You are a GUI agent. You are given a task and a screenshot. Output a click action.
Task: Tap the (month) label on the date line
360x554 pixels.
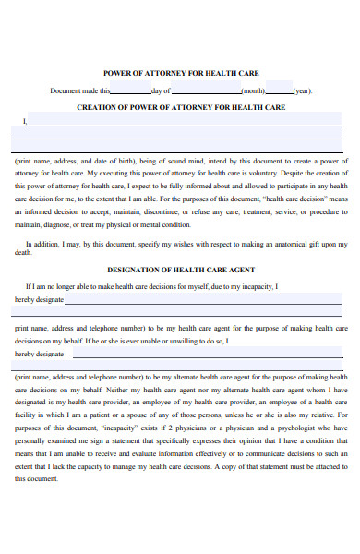[x=254, y=91]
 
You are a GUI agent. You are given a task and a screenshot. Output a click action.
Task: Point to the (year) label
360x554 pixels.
[x=303, y=91]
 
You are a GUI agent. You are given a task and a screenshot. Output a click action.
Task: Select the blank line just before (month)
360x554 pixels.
[x=206, y=91]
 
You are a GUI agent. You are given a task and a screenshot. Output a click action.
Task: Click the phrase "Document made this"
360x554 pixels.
[x=79, y=91]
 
